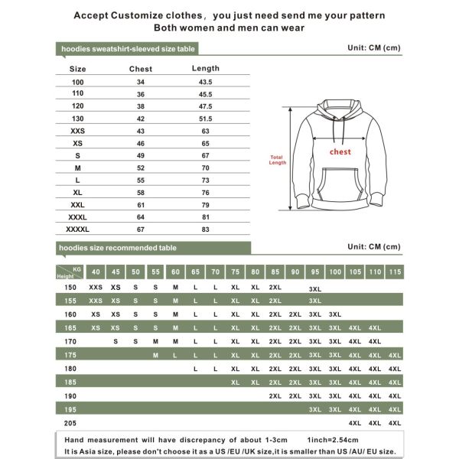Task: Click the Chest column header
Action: click(140, 69)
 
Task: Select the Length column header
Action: click(205, 68)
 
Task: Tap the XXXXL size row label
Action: click(78, 229)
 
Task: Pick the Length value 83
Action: click(205, 229)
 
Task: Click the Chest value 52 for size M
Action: click(140, 168)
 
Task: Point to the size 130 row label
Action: click(78, 119)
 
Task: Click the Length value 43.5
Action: click(205, 82)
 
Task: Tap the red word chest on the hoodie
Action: click(340, 151)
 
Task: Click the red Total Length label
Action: click(277, 160)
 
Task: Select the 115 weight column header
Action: click(395, 272)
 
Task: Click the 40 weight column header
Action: click(96, 272)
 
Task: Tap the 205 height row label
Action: click(70, 423)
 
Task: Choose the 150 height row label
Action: click(70, 287)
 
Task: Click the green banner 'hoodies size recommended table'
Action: click(119, 248)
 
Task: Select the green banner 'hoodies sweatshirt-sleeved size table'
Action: click(129, 48)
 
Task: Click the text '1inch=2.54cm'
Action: click(337, 440)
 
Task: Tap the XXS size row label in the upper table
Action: click(78, 131)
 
